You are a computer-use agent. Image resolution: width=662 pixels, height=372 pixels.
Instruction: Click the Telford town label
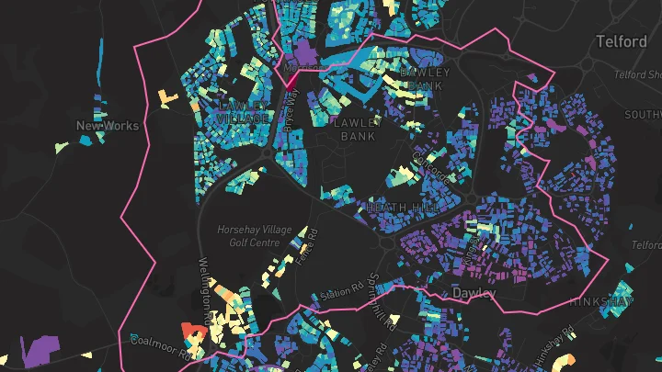(x=622, y=42)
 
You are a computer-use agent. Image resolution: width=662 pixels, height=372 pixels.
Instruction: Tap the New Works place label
(x=108, y=126)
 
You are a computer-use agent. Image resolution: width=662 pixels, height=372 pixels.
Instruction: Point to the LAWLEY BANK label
(x=358, y=129)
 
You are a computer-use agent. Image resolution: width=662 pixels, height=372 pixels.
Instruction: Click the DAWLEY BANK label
(x=424, y=79)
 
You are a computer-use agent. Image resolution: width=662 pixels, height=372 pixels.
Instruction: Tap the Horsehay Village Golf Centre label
(x=248, y=236)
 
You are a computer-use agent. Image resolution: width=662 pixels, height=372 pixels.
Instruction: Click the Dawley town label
(x=474, y=293)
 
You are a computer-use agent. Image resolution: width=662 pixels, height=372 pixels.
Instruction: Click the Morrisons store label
(x=303, y=66)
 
